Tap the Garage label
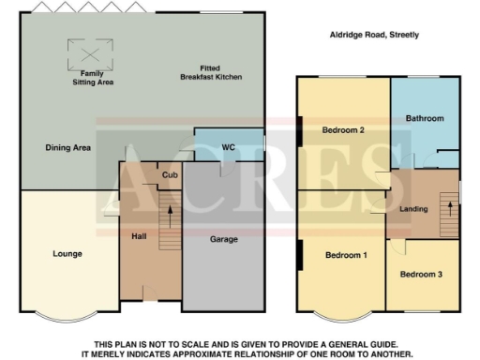(223, 239)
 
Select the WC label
(228, 148)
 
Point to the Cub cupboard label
(170, 174)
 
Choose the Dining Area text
(67, 147)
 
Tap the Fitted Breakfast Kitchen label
(215, 73)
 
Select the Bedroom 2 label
(342, 130)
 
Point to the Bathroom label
(425, 118)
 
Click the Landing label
(413, 209)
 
